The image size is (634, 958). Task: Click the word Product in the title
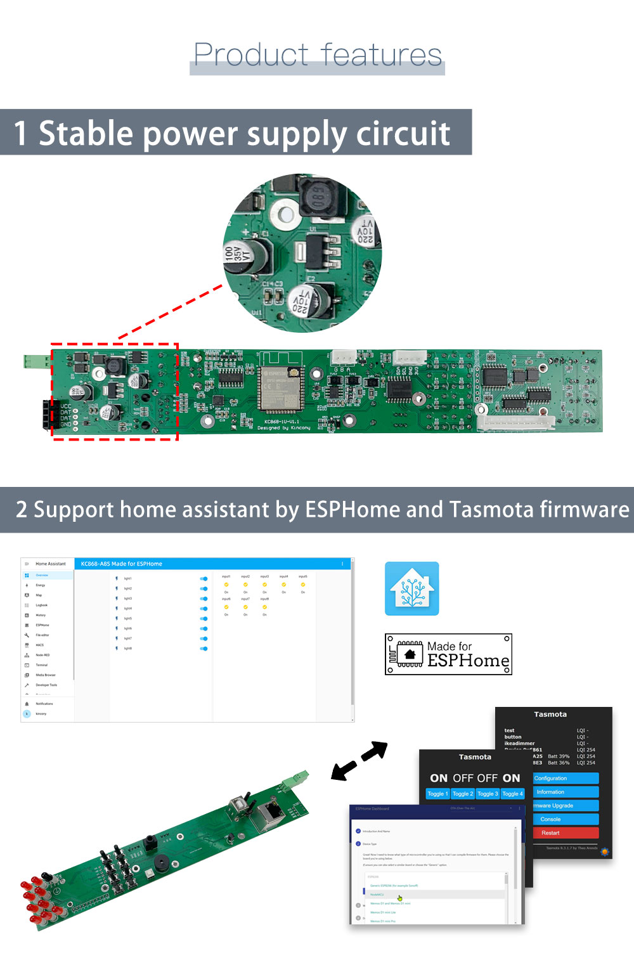coord(251,55)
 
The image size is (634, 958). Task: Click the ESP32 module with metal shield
coord(281,387)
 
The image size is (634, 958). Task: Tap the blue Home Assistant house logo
coord(411,588)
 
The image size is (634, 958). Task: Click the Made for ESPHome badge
coord(448,654)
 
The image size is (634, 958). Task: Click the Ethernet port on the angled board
coord(271,813)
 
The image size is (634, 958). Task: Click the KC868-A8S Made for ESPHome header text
coord(122,564)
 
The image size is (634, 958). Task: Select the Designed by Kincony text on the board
coord(284,428)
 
